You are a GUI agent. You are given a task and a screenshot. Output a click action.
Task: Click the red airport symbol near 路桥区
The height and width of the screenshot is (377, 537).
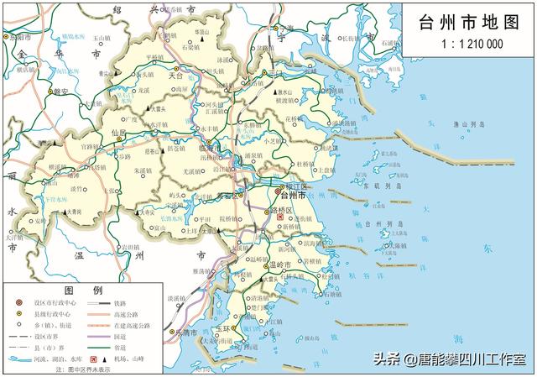coord(280,217)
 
